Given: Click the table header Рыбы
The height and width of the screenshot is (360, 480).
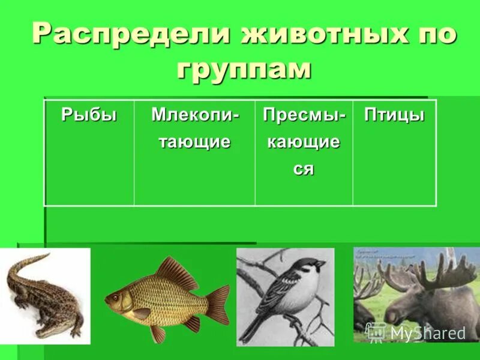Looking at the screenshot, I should pos(89,115).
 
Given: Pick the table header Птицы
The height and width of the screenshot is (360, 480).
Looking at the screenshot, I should pos(394,115).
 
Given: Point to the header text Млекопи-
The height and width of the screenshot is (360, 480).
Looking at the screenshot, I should pos(194,115).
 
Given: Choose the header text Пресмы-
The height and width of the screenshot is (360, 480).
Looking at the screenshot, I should pos(304,115).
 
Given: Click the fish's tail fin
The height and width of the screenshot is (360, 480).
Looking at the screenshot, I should pos(217,303).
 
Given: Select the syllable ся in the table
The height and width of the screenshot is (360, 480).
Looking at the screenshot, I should pos(304,169).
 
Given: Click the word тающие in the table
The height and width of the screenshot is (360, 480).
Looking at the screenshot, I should pos(194,142).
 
